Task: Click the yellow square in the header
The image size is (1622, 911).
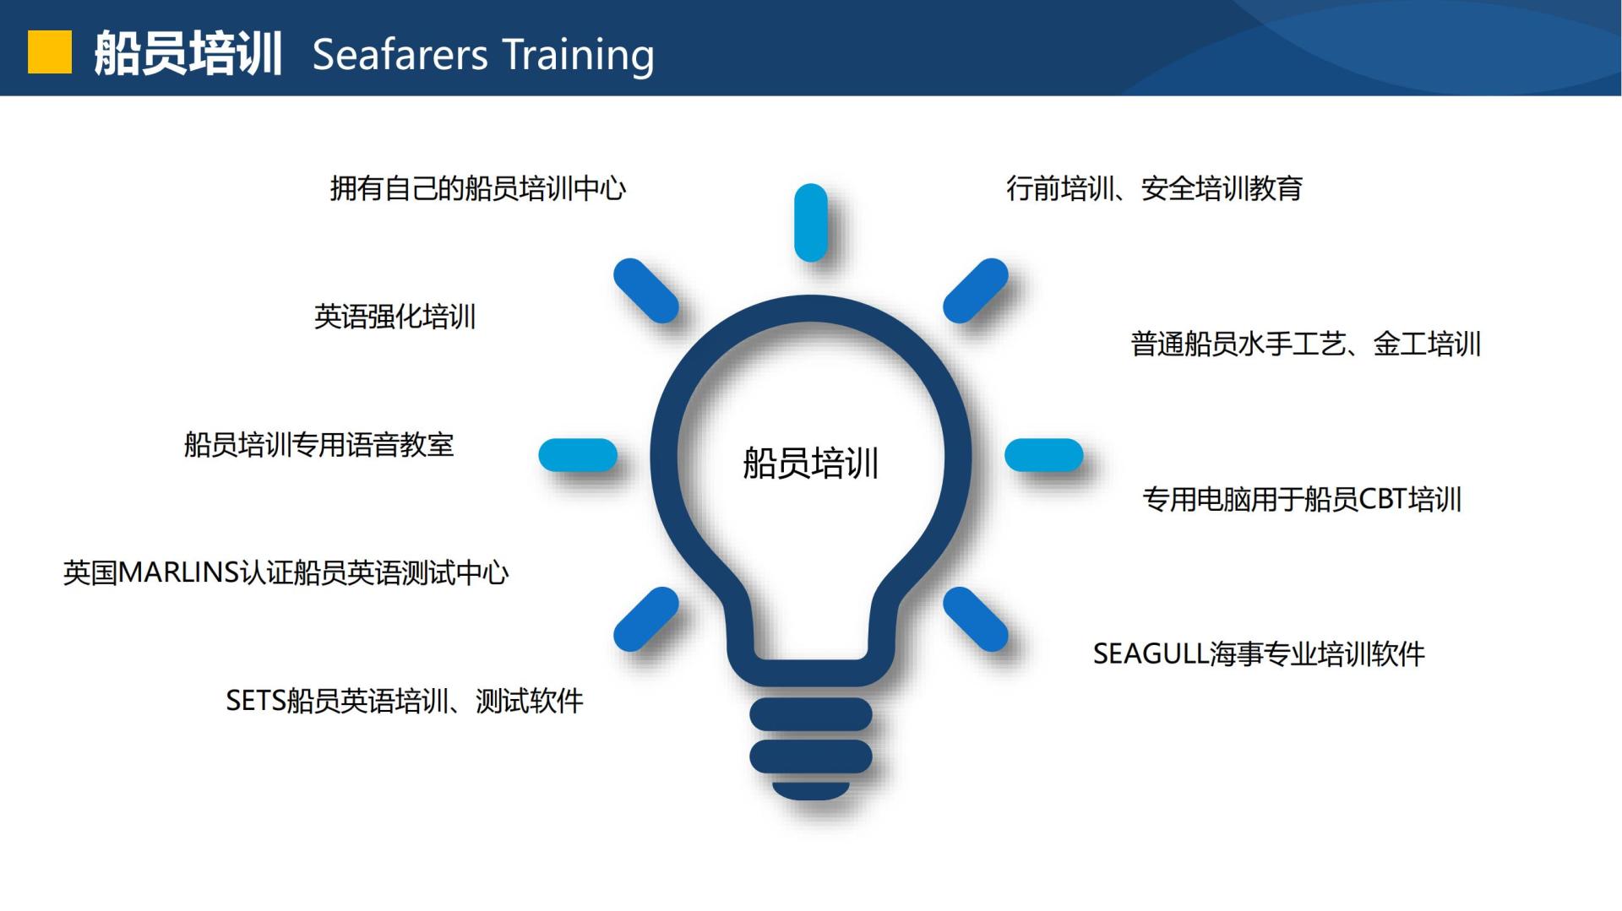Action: coord(50,52)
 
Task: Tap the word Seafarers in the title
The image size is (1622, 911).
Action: coord(400,55)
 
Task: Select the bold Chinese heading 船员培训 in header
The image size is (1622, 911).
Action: coord(188,53)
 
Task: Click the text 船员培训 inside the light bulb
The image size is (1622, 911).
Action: coord(811,463)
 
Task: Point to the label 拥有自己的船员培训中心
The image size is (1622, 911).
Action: coord(478,187)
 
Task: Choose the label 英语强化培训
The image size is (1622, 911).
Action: coord(395,317)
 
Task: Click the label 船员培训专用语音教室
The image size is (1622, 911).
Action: coord(319,445)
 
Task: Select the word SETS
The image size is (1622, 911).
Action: coord(256,701)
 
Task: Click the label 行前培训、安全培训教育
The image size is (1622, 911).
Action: coord(1154,187)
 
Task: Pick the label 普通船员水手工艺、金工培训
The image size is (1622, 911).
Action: coord(1306,344)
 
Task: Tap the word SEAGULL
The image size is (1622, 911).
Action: coord(1151,653)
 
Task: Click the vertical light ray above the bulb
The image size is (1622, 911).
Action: coord(811,222)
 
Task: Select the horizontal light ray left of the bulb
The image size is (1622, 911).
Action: coord(578,455)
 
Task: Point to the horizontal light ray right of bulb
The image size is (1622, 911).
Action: coord(1044,455)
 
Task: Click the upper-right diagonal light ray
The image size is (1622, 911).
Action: coord(976,290)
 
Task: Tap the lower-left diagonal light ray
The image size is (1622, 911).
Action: coord(646,619)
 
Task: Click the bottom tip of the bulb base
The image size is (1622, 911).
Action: coord(811,799)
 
